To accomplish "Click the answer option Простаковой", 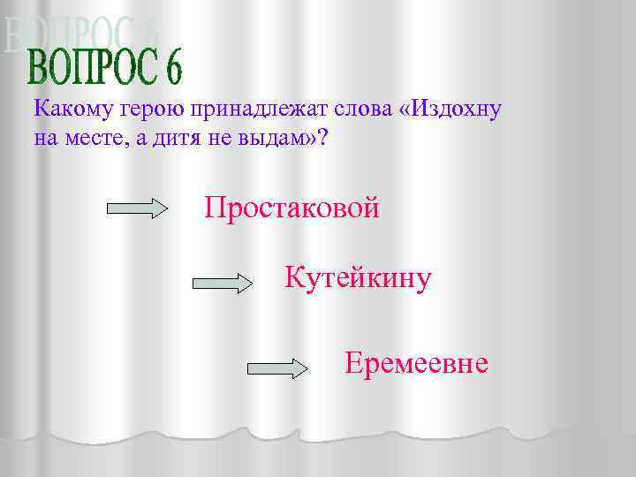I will [x=291, y=208].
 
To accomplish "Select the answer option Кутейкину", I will [x=358, y=278].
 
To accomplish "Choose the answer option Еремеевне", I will [x=416, y=363].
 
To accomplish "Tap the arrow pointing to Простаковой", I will [x=137, y=209].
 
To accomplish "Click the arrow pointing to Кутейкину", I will [x=222, y=284].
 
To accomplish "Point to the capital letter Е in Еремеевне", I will [x=353, y=363].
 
